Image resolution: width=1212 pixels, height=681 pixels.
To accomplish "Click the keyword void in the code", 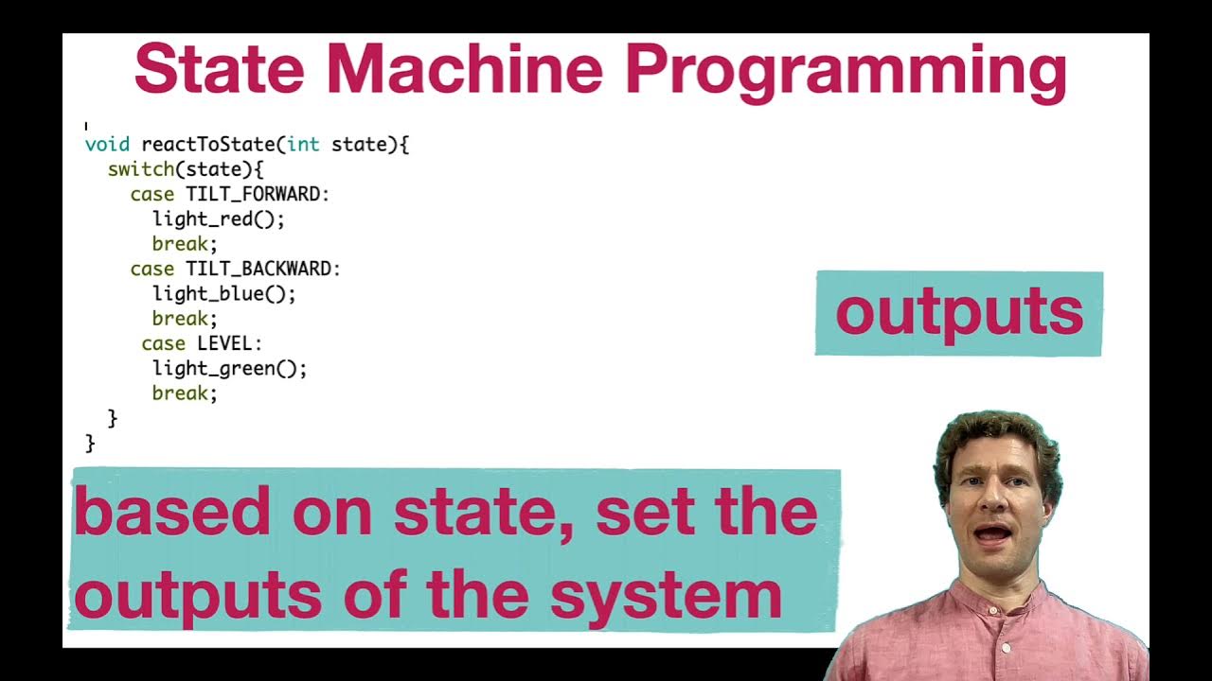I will (107, 145).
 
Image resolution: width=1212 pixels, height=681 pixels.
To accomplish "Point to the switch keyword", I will (141, 169).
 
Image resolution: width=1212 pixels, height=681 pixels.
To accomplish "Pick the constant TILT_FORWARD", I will (254, 194).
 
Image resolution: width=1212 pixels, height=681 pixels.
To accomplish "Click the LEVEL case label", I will (224, 343).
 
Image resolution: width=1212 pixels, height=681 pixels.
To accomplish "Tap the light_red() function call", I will (218, 218).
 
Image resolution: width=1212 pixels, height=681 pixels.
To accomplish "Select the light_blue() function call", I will (223, 293).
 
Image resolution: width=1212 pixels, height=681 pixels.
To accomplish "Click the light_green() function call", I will (229, 368).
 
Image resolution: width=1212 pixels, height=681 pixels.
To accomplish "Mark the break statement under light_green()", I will (184, 393).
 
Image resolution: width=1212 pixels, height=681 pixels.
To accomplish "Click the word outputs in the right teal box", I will (958, 314).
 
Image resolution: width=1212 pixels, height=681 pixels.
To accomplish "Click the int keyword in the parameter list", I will (303, 145).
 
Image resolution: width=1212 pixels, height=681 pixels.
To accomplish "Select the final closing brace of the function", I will (90, 442).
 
